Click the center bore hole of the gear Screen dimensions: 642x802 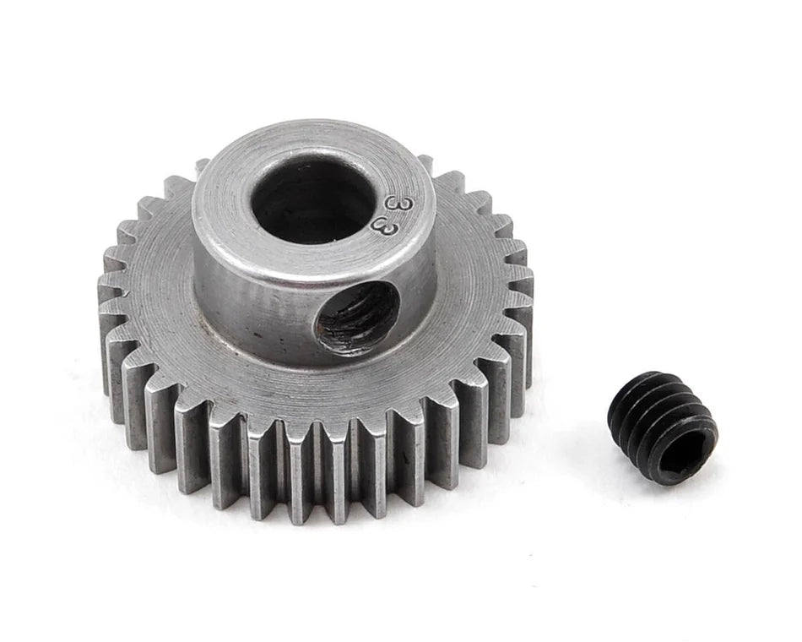tap(313, 201)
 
